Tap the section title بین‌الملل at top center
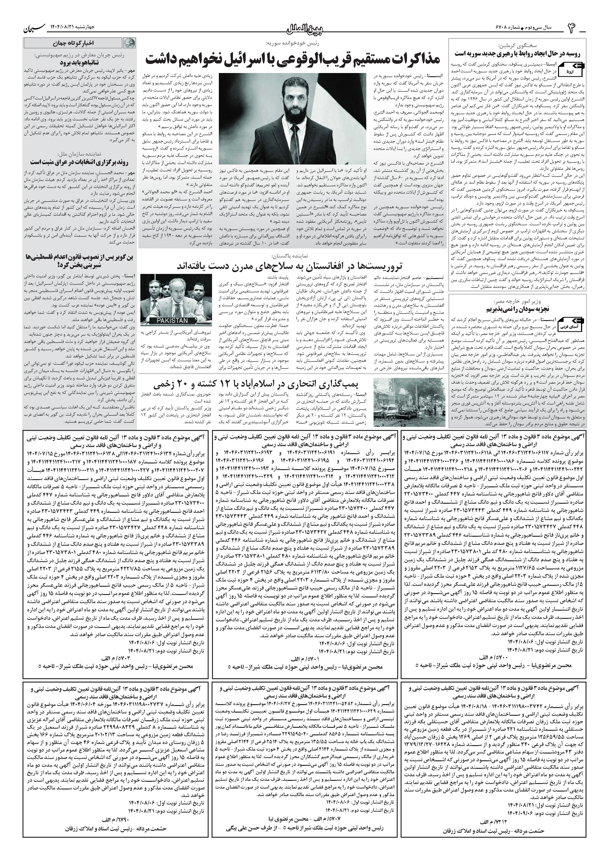click(304, 28)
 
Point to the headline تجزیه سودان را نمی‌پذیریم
click(518, 309)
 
